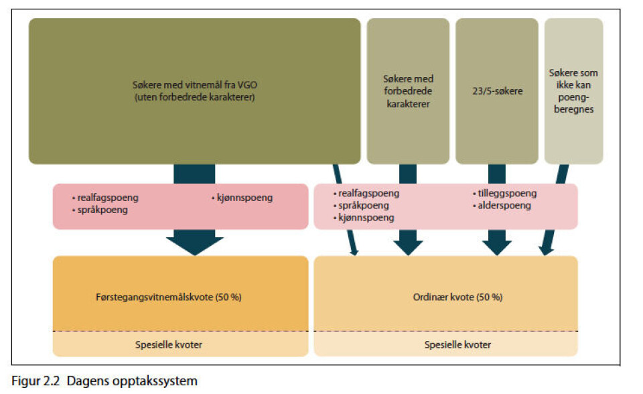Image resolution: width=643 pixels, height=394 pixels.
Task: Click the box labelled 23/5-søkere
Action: click(496, 91)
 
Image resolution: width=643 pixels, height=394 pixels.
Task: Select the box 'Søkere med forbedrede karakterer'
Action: click(408, 91)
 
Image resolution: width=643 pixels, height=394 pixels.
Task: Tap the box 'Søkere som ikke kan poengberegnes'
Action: click(574, 91)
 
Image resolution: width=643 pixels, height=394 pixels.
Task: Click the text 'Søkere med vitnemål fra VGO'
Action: click(195, 85)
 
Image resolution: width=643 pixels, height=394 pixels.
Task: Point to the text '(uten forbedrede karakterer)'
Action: click(195, 97)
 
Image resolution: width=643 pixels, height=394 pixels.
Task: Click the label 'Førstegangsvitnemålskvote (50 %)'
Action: click(169, 297)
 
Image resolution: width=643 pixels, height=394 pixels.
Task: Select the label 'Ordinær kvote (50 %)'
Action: click(457, 297)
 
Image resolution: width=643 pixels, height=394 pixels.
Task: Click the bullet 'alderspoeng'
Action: click(504, 206)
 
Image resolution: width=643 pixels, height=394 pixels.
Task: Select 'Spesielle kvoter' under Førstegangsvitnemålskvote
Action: click(169, 344)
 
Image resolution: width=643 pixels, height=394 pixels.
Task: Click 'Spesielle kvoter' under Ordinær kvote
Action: click(457, 344)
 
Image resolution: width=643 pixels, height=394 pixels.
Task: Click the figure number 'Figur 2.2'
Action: click(35, 381)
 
